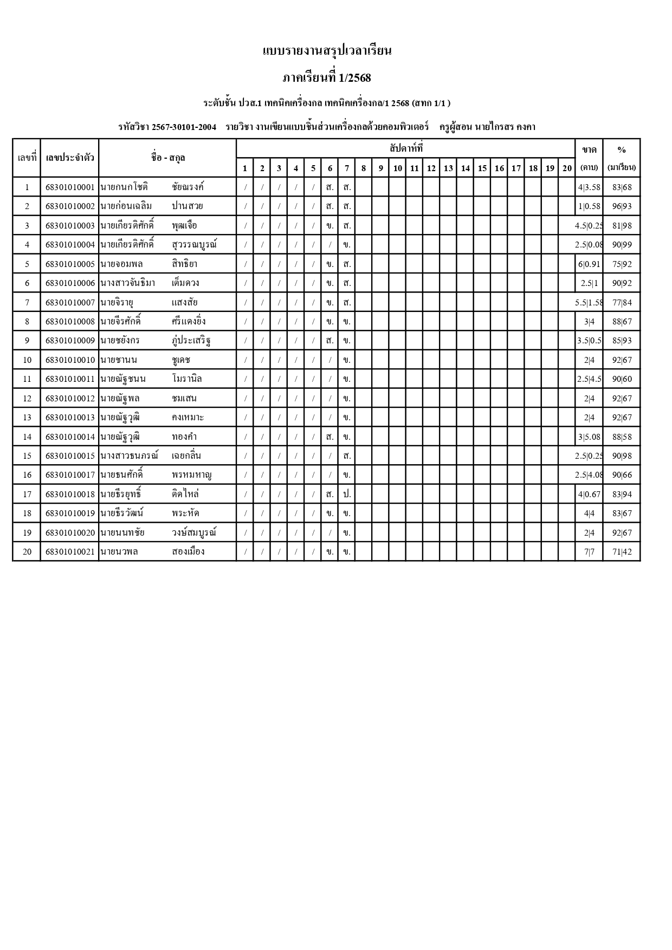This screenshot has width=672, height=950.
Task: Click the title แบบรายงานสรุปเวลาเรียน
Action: [x=327, y=51]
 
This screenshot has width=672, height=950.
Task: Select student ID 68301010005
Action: [x=70, y=264]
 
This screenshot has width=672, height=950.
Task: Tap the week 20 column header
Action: [x=567, y=168]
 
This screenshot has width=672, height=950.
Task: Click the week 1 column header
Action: [x=245, y=168]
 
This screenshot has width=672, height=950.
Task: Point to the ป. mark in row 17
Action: [x=347, y=494]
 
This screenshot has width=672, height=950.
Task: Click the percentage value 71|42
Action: [x=622, y=552]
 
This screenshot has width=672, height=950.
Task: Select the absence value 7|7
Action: [x=589, y=552]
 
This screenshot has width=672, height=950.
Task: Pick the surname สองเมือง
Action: [x=188, y=552]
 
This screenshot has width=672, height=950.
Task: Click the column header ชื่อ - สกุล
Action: [x=168, y=158]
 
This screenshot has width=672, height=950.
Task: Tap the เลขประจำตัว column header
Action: [x=70, y=158]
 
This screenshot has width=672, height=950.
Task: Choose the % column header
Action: [x=622, y=150]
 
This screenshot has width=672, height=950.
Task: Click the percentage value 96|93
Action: [x=622, y=206]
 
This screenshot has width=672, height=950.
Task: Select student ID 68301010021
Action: [x=70, y=552]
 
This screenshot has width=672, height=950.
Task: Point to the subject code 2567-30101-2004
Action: [x=184, y=127]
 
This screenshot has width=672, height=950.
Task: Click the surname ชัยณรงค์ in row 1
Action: [x=188, y=187]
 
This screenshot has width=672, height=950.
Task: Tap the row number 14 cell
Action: [x=27, y=437]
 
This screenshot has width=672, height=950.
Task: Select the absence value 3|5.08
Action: [x=589, y=437]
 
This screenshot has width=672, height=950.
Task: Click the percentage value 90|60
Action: [x=622, y=379]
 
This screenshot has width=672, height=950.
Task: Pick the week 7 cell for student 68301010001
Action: [x=347, y=187]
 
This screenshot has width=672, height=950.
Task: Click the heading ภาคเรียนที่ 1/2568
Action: [x=327, y=78]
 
